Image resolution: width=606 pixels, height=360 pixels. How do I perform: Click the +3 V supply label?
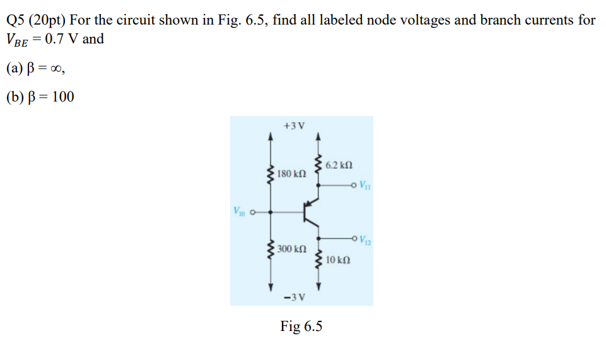coord(294,125)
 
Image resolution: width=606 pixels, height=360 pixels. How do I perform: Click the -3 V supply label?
coord(294,297)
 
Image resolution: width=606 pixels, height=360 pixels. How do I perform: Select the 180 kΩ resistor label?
coord(292,173)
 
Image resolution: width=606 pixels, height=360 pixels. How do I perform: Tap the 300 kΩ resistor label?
coord(292,250)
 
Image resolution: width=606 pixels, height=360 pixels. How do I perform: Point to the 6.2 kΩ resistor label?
coord(339,165)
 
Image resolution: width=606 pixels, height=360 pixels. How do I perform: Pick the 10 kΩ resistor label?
coord(339,260)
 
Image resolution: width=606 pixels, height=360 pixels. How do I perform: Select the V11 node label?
coord(365,185)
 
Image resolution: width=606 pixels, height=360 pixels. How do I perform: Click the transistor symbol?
coord(310,212)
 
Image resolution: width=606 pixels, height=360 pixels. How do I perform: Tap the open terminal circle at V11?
coord(354,185)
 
